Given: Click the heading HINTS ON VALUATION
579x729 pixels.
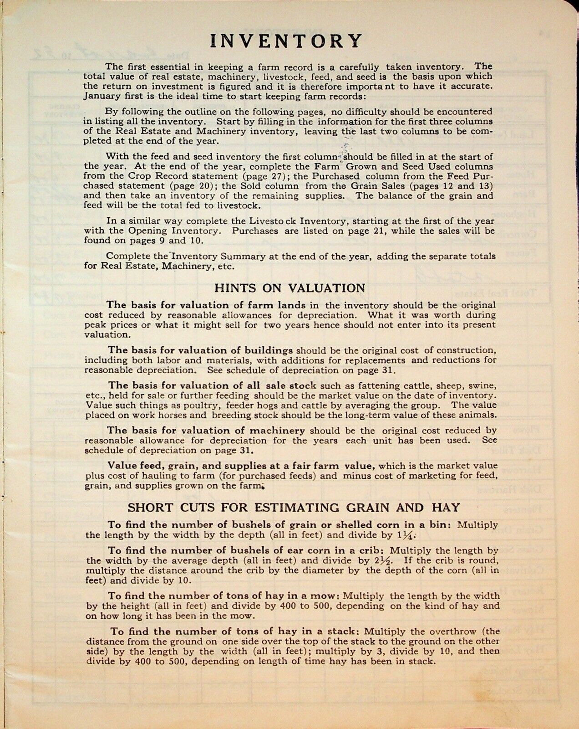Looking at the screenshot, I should (289, 288).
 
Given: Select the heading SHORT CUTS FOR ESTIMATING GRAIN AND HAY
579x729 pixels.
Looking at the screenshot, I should (294, 507).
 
